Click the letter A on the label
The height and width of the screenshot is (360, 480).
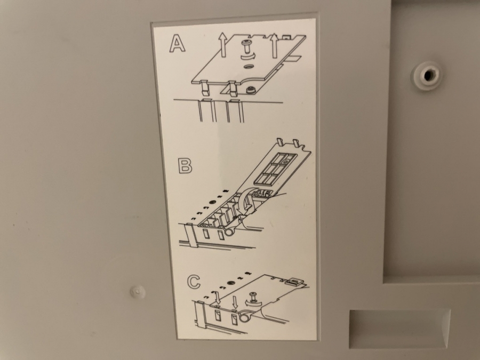tap(177, 43)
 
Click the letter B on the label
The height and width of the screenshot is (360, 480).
tap(185, 166)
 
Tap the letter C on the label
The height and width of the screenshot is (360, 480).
tap(194, 282)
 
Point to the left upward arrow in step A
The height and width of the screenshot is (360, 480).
tap(222, 44)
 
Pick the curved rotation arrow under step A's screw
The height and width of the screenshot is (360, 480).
tap(248, 57)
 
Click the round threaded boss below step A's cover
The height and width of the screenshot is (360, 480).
tap(251, 90)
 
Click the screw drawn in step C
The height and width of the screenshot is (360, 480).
tap(253, 296)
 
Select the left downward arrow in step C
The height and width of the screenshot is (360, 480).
tap(218, 298)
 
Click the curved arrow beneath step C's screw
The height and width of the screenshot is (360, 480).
tap(254, 303)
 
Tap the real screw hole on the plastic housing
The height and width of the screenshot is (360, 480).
tap(428, 74)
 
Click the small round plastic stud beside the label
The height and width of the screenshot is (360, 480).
tap(137, 291)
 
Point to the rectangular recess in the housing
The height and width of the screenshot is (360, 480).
tap(399, 328)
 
